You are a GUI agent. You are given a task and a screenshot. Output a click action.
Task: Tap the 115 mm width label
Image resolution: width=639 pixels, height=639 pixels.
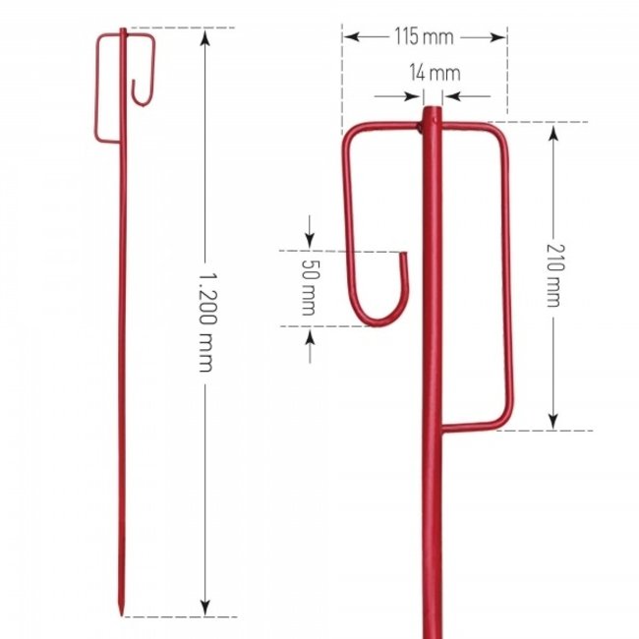pyautogui.click(x=424, y=37)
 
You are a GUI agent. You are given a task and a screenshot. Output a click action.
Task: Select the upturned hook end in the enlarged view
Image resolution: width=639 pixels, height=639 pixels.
pyautogui.click(x=404, y=259)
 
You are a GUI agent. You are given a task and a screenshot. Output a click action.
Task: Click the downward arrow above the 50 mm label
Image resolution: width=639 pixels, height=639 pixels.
pyautogui.click(x=310, y=241)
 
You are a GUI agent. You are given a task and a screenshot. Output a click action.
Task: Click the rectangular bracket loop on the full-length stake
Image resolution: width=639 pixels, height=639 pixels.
pyautogui.click(x=110, y=88)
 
